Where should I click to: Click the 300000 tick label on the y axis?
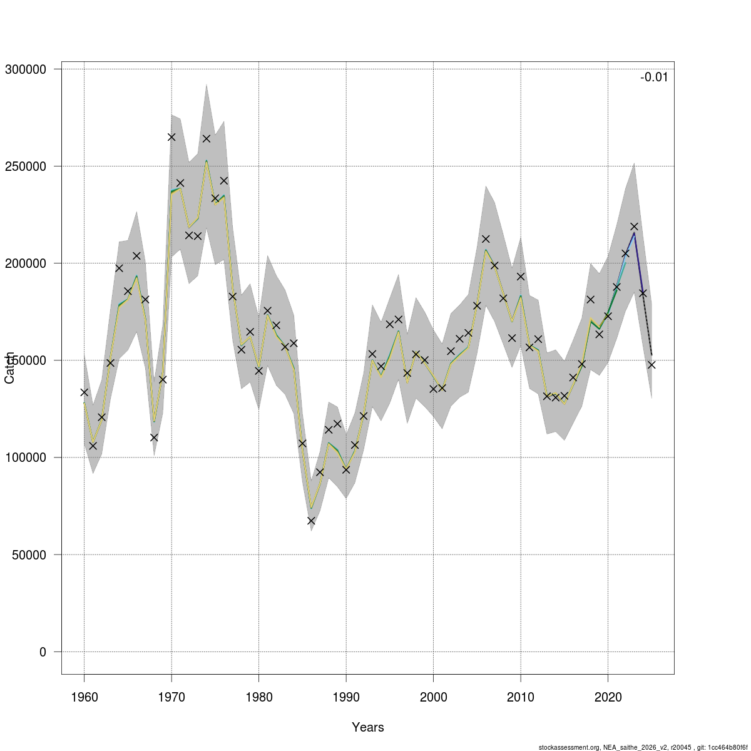25,69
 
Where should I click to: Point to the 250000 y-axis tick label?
25,166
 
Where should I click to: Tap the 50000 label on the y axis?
29,555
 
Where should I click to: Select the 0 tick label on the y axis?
43,652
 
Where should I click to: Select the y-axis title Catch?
9,368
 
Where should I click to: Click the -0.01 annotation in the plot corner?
654,77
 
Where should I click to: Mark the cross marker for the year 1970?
171,137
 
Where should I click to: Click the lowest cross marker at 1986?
311,521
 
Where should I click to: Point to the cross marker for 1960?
84,392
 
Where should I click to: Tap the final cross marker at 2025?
651,365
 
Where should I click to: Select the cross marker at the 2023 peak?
634,227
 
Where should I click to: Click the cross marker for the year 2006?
486,239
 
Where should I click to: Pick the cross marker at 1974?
207,139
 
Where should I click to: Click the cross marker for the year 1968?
154,437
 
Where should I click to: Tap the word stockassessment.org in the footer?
570,747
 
